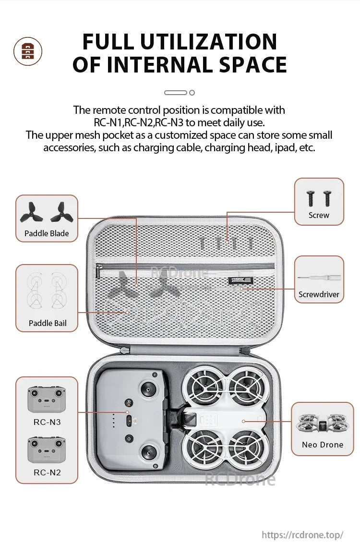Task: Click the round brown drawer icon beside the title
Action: coord(27,51)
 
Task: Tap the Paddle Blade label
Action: coord(47,233)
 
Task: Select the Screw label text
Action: coord(319,215)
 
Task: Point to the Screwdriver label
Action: coord(319,294)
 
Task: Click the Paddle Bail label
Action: coord(48,323)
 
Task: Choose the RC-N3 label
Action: coord(47,422)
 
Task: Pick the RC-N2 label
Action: coord(47,472)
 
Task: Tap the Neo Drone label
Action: coord(322,445)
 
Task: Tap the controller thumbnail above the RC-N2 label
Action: coord(47,450)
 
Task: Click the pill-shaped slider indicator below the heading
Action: coord(175,92)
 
